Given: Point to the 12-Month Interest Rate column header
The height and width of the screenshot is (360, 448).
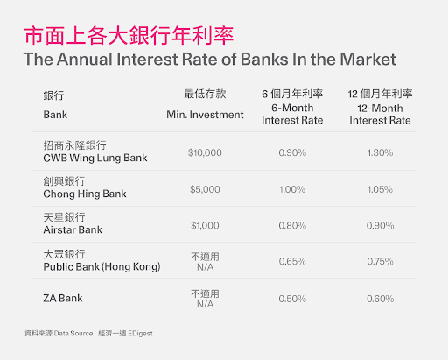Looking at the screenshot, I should coord(380,106).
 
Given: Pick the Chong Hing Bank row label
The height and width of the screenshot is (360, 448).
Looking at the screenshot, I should coord(80,187).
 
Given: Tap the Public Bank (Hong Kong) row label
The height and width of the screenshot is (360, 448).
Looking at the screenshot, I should coord(101,260).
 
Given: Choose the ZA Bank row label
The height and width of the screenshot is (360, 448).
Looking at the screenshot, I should coord(62,299).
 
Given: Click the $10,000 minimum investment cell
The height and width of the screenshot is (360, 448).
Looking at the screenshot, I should coord(205,152).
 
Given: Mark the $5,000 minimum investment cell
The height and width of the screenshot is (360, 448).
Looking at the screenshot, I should coord(205,188).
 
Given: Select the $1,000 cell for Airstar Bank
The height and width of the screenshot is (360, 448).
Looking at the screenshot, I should coord(205,225).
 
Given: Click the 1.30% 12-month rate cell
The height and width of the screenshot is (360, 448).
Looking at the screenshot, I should coord(380,152).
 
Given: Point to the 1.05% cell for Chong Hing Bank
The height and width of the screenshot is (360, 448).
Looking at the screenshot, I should coord(380,188).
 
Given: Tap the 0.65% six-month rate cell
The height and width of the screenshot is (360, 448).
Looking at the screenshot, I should coord(291,261).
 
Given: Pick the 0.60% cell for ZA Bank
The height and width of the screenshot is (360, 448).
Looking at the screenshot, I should coord(380,299).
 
